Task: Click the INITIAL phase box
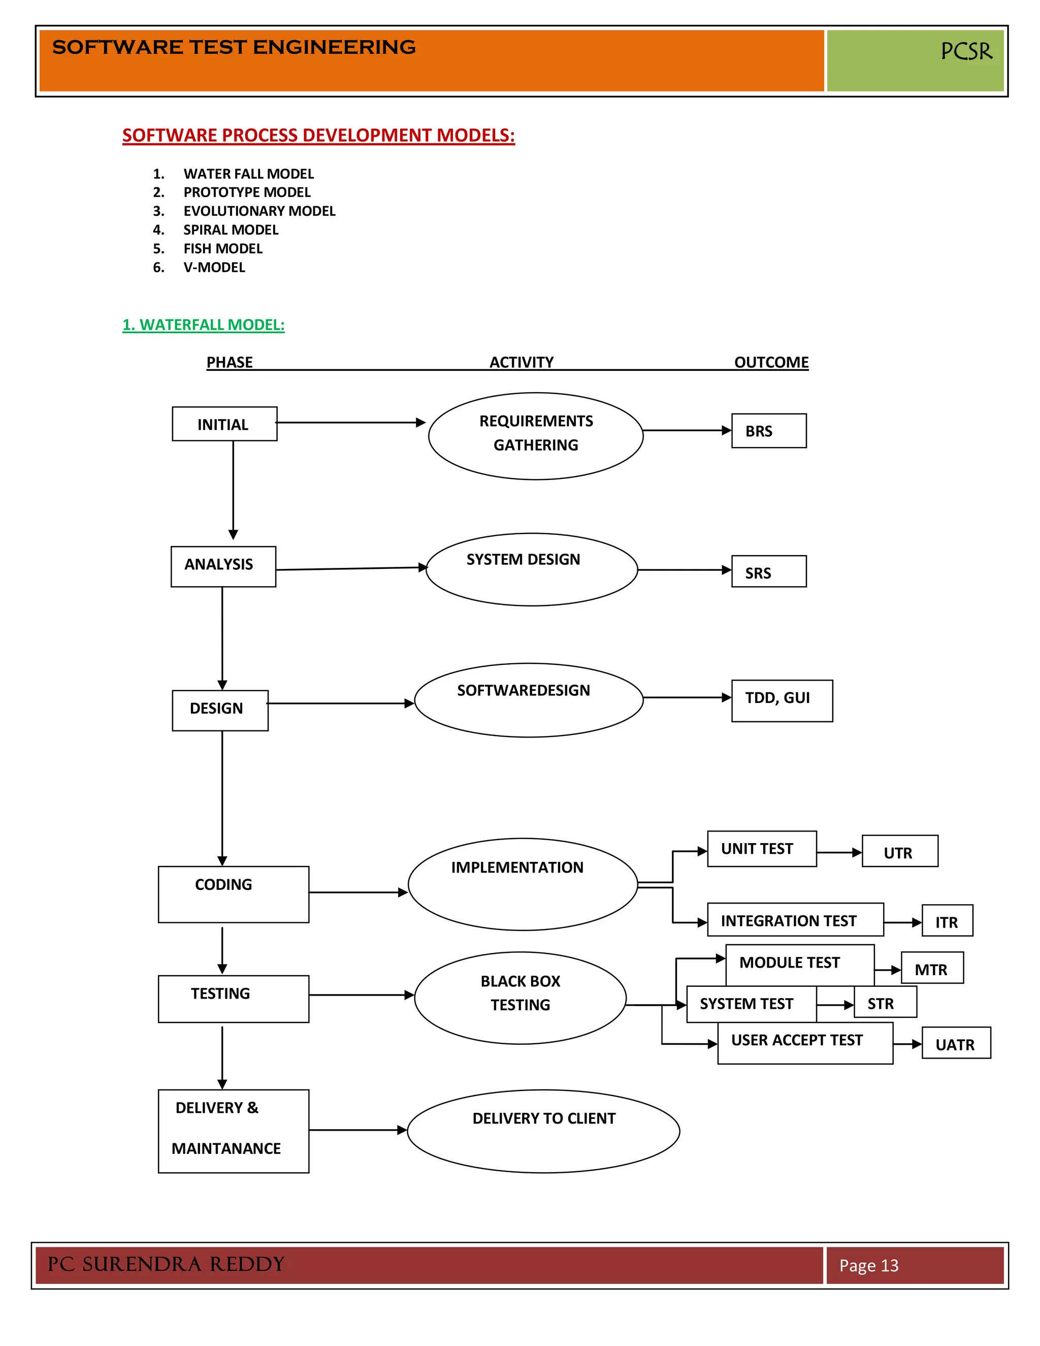(224, 424)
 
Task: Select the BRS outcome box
(768, 431)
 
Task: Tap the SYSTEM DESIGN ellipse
(531, 569)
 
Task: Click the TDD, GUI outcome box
(781, 701)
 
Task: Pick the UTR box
(899, 851)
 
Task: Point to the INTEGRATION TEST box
(795, 920)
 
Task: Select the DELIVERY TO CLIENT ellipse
(543, 1131)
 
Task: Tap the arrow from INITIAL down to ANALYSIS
(233, 490)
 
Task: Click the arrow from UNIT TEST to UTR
(839, 852)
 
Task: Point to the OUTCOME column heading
(771, 362)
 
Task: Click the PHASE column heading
(229, 362)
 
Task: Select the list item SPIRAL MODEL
(231, 230)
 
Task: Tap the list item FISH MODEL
(222, 248)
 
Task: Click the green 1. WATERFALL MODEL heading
(203, 325)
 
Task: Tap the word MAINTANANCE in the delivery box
(226, 1148)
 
